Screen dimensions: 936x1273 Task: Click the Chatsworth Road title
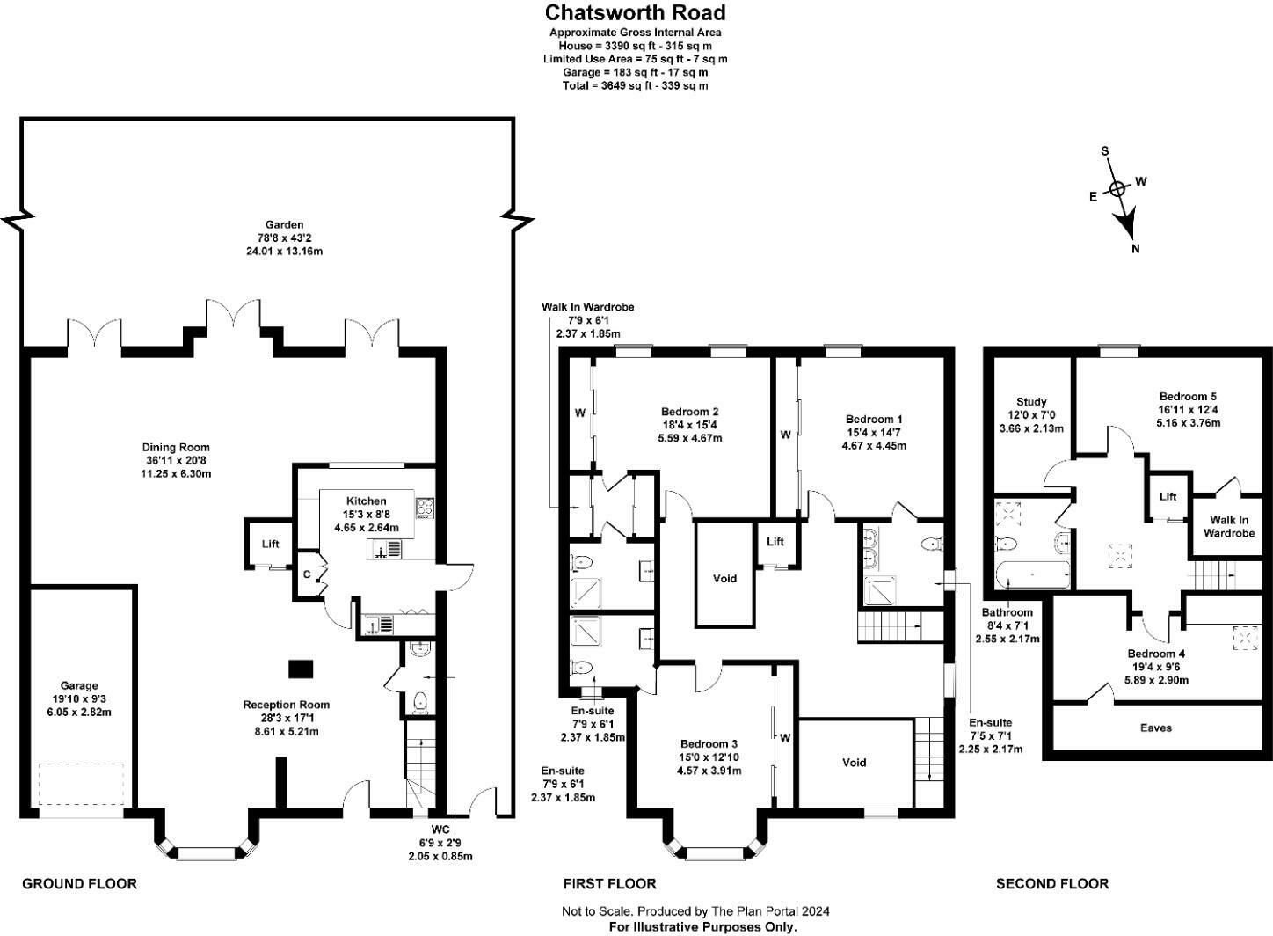(635, 12)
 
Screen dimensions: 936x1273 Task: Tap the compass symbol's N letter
(1135, 249)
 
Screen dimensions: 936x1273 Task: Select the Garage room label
(79, 685)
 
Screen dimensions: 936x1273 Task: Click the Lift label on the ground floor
(270, 544)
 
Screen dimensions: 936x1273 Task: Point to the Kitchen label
(366, 501)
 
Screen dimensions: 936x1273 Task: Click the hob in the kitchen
(425, 508)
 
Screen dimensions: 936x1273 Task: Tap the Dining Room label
(177, 447)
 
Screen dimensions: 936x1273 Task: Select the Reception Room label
(287, 704)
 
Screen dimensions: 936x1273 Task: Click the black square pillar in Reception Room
(301, 669)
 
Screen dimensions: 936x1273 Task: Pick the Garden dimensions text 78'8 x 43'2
(284, 238)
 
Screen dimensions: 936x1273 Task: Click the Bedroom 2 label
(690, 411)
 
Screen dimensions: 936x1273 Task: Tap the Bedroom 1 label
(874, 419)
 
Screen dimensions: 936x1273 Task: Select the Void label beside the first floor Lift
(724, 578)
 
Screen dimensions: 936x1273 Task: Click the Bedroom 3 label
(709, 743)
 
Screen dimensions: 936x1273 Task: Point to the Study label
(1031, 402)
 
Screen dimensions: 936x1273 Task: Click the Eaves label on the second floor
(1156, 728)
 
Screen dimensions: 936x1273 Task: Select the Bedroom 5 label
(1188, 396)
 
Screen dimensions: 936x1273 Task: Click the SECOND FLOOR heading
(1051, 883)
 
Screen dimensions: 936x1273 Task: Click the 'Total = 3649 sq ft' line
(635, 85)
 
